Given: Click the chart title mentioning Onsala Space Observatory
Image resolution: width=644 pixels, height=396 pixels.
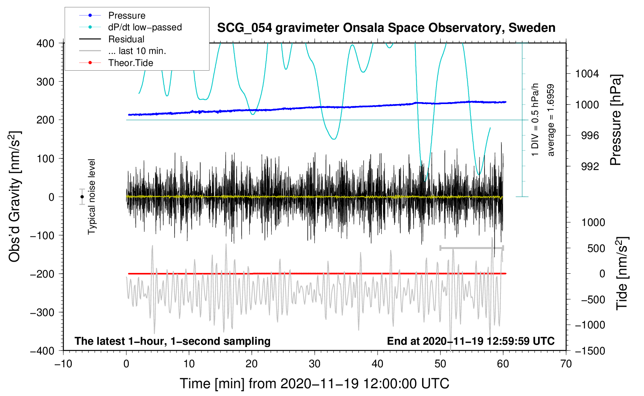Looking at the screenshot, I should (386, 28).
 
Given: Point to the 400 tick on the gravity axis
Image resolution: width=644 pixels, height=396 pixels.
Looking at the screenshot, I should (46, 43).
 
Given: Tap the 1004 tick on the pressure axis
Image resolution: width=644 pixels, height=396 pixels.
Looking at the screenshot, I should (587, 74).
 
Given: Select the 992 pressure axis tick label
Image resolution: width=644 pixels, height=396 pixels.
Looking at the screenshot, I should (590, 167).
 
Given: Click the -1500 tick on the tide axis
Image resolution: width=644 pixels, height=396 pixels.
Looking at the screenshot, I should (590, 351).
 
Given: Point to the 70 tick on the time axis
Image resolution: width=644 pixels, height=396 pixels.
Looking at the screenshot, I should (566, 364).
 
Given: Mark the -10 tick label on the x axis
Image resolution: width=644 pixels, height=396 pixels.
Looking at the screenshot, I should (63, 364).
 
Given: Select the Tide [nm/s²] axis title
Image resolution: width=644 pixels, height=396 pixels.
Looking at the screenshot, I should (622, 273).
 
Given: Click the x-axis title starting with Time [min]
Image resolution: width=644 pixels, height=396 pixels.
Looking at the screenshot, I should (314, 384).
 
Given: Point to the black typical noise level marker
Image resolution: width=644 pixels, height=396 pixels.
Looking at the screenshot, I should (82, 197).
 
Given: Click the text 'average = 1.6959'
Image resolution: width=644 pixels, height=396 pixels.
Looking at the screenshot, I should (551, 120).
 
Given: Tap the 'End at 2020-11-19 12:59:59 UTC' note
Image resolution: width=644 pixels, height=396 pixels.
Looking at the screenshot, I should (471, 341).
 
